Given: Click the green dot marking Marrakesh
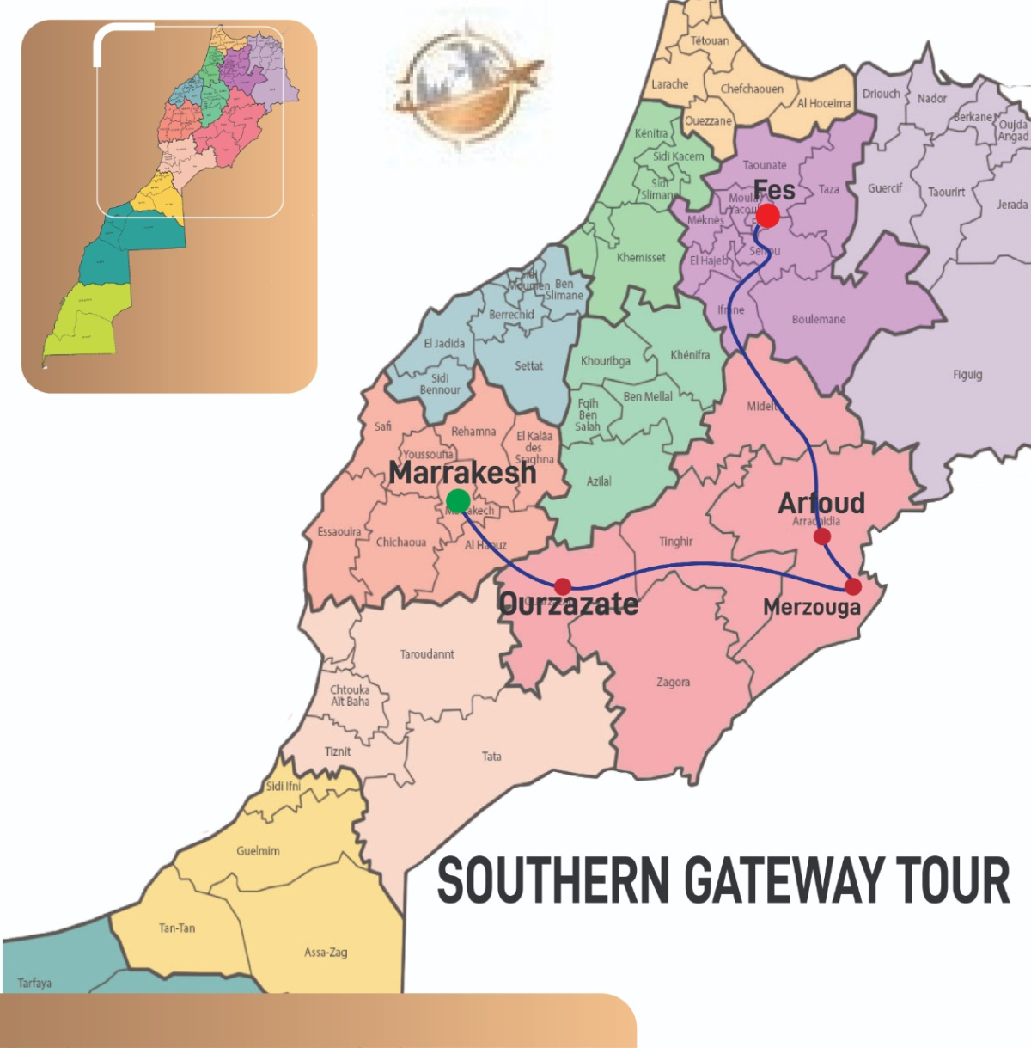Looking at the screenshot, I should coord(458,500).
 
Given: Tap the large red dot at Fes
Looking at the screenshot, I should coord(767,215).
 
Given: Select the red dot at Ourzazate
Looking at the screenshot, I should coord(563,586).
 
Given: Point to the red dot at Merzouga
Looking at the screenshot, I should coord(852,586).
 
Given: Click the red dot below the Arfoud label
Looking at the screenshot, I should coord(822,536).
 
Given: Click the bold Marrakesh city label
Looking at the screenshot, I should coord(462,472).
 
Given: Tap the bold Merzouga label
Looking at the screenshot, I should coord(811,607).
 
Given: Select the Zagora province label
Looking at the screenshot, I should coord(673,682).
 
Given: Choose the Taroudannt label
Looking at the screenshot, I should coord(427,654).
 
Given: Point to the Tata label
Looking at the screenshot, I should coord(491,757).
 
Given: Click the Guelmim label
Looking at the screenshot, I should coord(258,850).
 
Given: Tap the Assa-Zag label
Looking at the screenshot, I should coord(326,952).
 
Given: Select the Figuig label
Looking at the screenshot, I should coord(967,375).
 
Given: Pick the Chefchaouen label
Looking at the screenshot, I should coord(752,89).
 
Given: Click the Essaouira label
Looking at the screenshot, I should coord(339,531).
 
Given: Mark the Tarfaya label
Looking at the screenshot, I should coord(34,983).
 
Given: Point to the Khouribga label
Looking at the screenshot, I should coord(605,361).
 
